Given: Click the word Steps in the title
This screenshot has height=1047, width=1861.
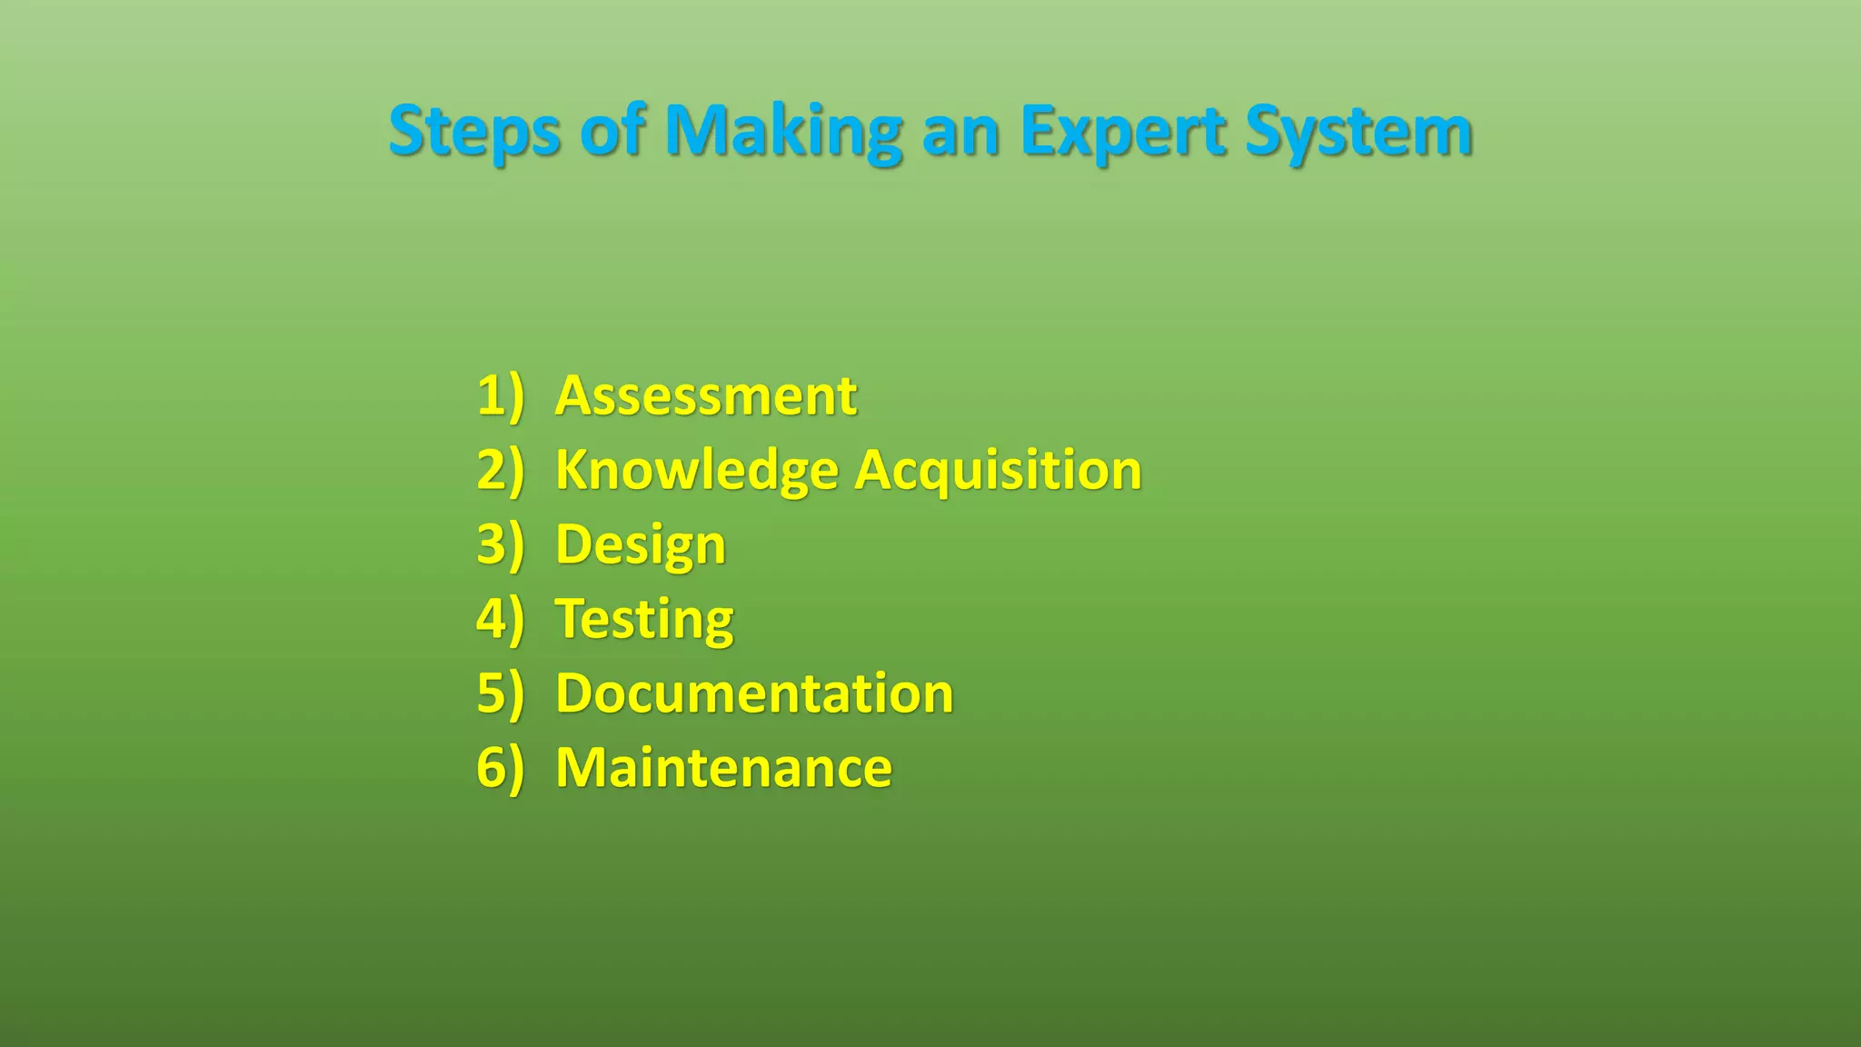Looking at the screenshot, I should click(x=473, y=132).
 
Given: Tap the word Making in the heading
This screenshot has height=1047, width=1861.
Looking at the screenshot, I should click(x=782, y=132).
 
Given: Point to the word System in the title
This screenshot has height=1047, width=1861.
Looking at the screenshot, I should click(x=1358, y=132).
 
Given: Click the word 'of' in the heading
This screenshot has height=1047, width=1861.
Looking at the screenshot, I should click(x=613, y=132).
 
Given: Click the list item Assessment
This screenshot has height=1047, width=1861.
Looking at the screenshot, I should click(x=705, y=396).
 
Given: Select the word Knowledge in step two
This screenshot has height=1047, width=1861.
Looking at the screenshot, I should click(x=697, y=471).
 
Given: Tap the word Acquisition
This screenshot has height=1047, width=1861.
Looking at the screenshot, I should click(x=998, y=471).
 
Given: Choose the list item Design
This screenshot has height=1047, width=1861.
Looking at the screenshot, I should click(x=641, y=545).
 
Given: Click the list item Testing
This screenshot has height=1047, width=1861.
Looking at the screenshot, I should click(x=644, y=620).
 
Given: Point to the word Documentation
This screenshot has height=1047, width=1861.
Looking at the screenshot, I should click(x=754, y=693).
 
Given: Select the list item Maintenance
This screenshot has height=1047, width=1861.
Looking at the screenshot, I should click(x=723, y=768).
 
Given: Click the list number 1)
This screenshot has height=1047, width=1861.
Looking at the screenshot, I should click(x=501, y=396).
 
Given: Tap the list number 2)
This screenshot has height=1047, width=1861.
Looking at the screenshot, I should click(x=501, y=471).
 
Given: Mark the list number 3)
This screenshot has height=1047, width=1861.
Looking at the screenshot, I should click(x=501, y=545).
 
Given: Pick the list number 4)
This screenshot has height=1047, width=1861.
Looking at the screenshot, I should click(x=501, y=620).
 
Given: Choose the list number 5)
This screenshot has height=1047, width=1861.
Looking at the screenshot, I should click(x=501, y=693).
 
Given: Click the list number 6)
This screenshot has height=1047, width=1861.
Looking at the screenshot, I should click(x=501, y=768).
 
